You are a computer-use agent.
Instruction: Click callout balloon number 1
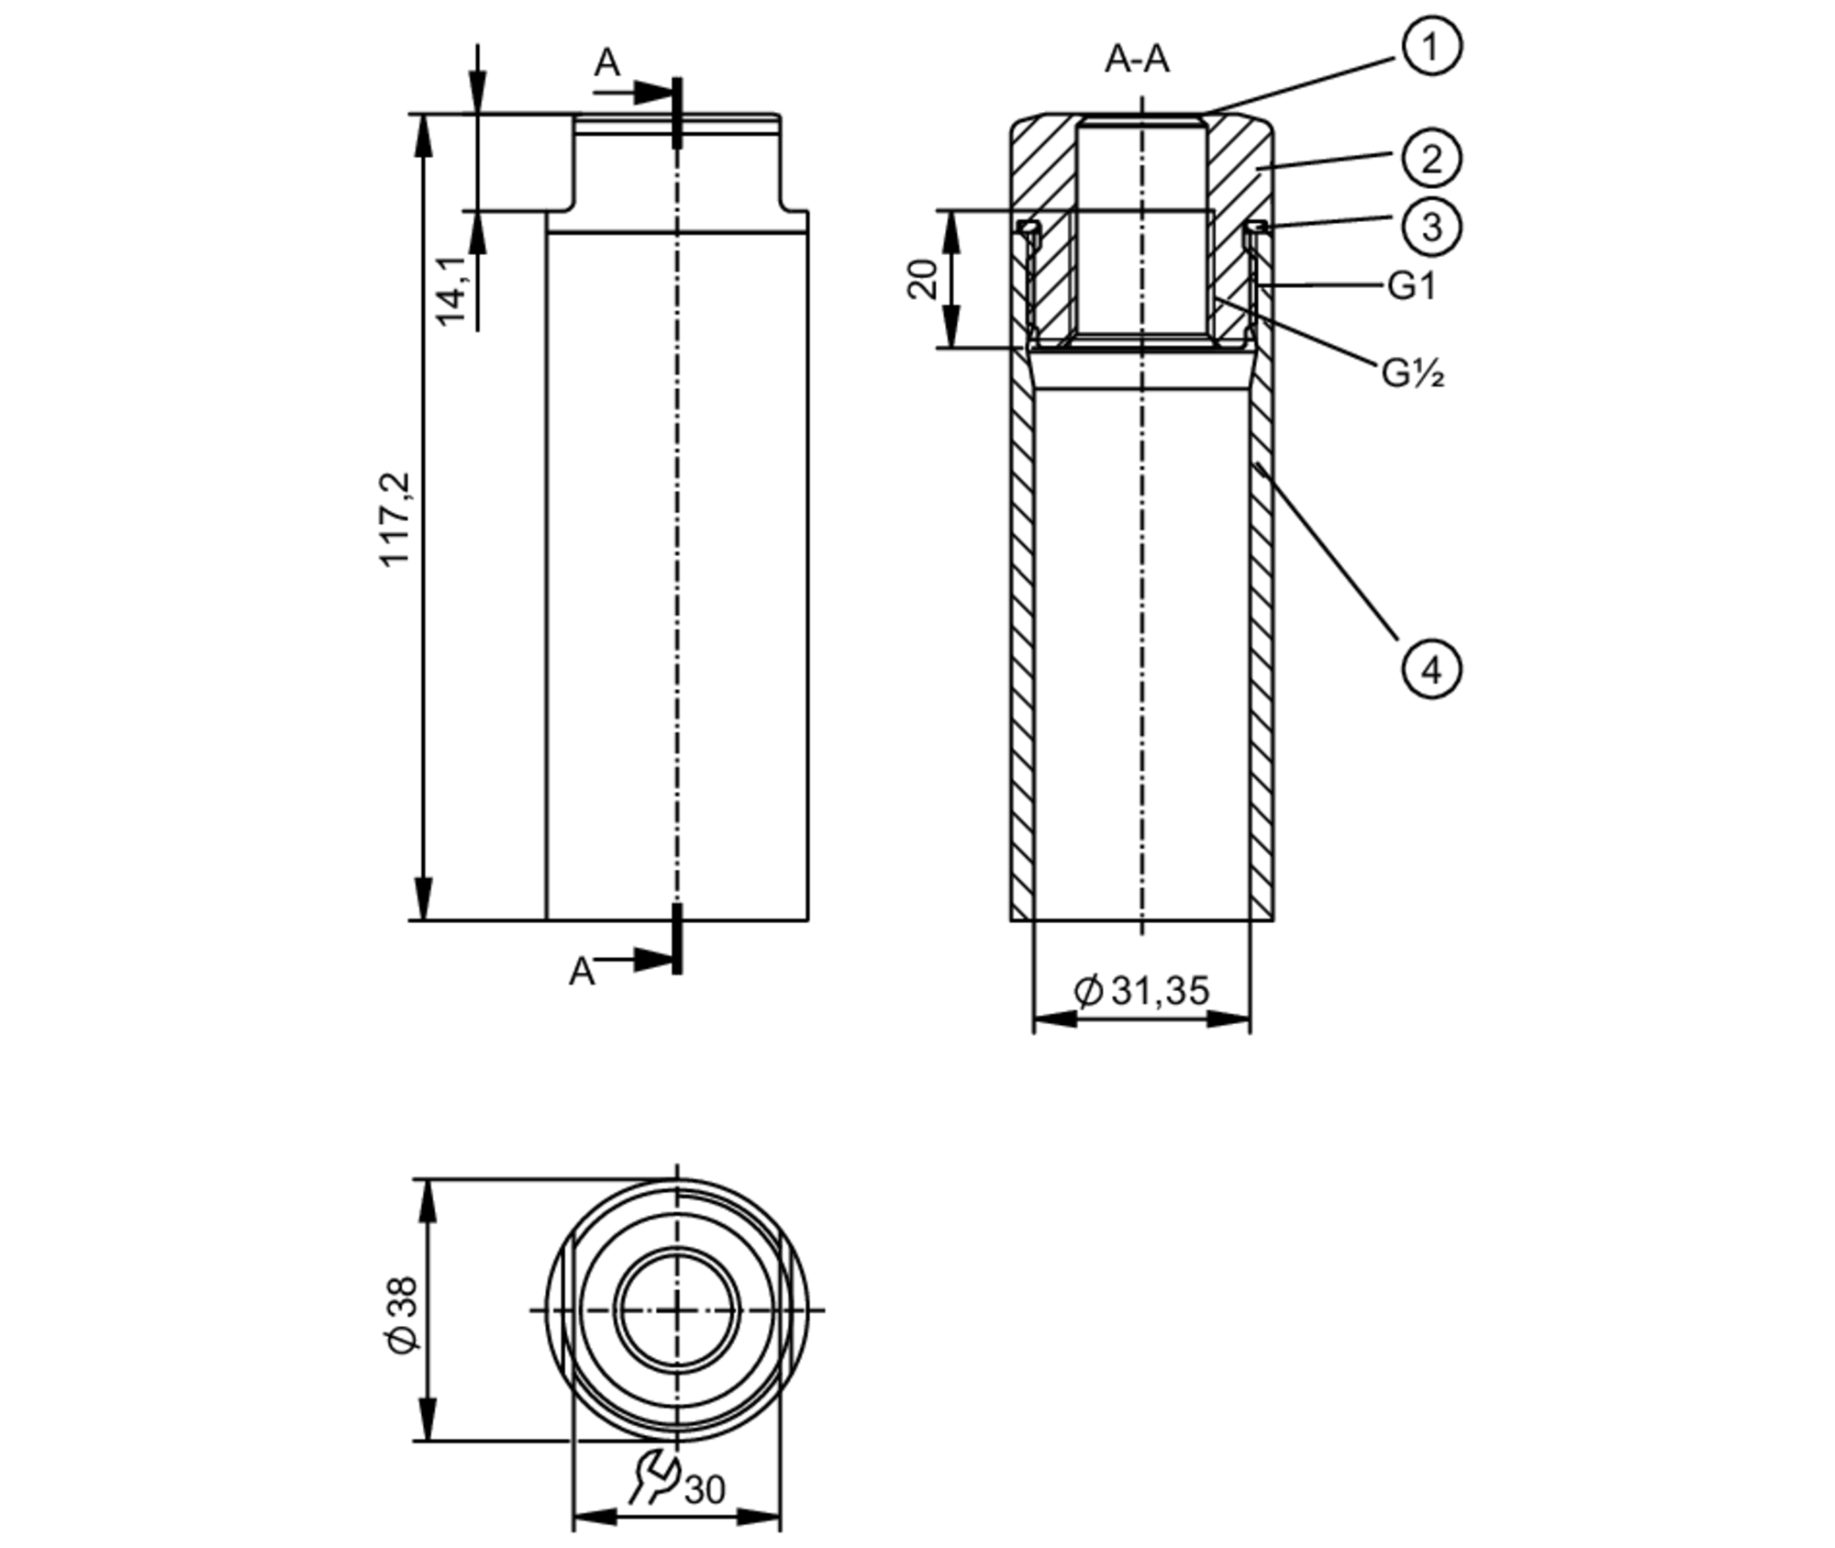(x=1430, y=46)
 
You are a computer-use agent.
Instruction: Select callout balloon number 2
(x=1430, y=159)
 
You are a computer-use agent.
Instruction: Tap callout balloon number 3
(x=1430, y=227)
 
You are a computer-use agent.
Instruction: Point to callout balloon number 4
(x=1430, y=670)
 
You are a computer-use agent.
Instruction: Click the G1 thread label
(x=1411, y=286)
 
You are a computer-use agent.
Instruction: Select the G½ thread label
(x=1413, y=373)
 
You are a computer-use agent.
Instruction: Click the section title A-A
(x=1137, y=60)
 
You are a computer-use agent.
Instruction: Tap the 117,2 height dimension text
(x=396, y=519)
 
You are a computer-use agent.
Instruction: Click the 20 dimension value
(x=923, y=279)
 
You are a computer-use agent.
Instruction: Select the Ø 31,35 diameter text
(x=1141, y=991)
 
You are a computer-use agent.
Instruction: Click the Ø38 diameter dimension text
(x=402, y=1314)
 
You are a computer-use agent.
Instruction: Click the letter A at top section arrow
(x=606, y=63)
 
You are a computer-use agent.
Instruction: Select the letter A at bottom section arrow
(x=582, y=972)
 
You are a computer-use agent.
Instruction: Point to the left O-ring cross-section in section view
(x=1029, y=226)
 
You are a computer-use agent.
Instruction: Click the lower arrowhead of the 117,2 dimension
(x=423, y=899)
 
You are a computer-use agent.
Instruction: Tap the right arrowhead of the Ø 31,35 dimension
(x=1229, y=1019)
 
